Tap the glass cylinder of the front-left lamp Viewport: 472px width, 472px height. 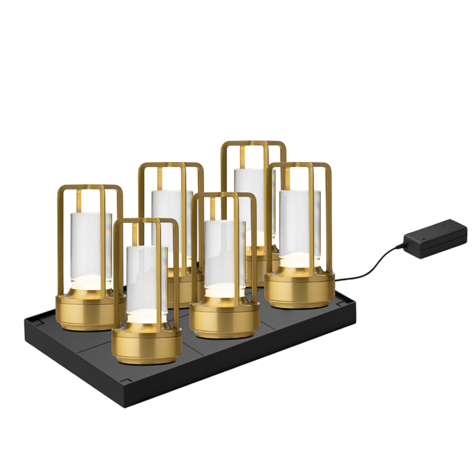point(146,275)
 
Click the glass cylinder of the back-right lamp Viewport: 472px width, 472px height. point(245,190)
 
